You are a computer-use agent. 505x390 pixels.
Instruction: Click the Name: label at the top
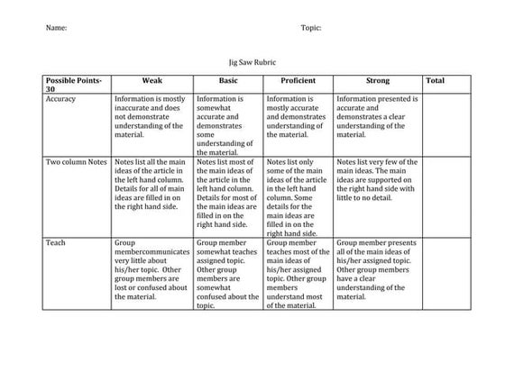click(x=56, y=28)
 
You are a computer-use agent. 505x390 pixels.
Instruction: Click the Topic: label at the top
click(x=311, y=28)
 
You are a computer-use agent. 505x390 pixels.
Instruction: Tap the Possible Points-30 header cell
click(x=75, y=85)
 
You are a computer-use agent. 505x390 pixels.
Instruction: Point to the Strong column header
click(x=377, y=80)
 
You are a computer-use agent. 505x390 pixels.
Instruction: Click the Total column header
click(x=435, y=80)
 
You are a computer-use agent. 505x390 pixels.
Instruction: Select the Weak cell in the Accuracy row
click(x=151, y=116)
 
